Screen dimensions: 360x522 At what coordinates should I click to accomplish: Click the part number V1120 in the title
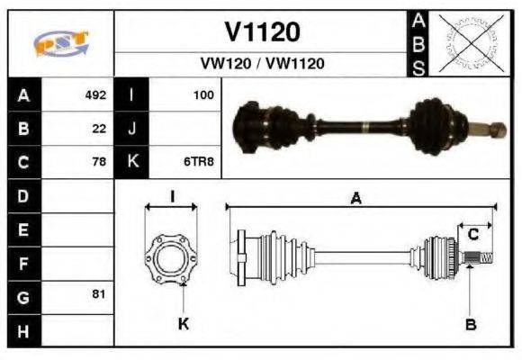pos(261,33)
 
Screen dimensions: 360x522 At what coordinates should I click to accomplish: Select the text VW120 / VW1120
pos(261,64)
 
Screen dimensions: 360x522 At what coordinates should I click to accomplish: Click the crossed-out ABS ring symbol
pos(467,43)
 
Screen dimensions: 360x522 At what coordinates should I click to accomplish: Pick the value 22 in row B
pos(99,128)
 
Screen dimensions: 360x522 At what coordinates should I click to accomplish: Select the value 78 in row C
pos(99,162)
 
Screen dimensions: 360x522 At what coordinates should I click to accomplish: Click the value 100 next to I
pos(202,94)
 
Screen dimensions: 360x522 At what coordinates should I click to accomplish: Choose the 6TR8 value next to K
pos(199,162)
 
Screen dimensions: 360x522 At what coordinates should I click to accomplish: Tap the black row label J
pos(131,128)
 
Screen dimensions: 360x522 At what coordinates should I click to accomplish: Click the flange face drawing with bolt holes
pos(171,257)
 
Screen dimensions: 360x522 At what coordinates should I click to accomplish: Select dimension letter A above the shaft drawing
pos(357,200)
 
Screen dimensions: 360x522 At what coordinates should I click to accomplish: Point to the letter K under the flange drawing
pos(183,323)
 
